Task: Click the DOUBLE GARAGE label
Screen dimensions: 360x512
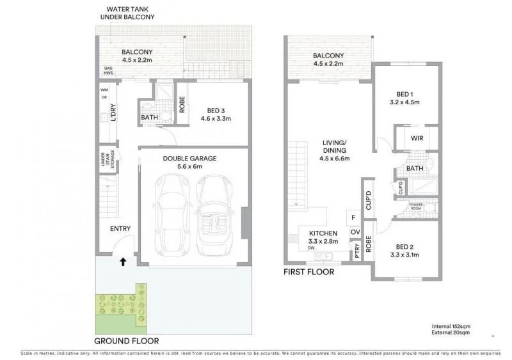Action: pyautogui.click(x=189, y=158)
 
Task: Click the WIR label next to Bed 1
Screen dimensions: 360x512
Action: pyautogui.click(x=416, y=139)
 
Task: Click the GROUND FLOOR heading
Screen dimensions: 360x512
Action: pyautogui.click(x=127, y=341)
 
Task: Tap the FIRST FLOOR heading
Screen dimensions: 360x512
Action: pyautogui.click(x=308, y=272)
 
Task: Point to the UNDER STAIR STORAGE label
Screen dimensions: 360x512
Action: pyautogui.click(x=106, y=161)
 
